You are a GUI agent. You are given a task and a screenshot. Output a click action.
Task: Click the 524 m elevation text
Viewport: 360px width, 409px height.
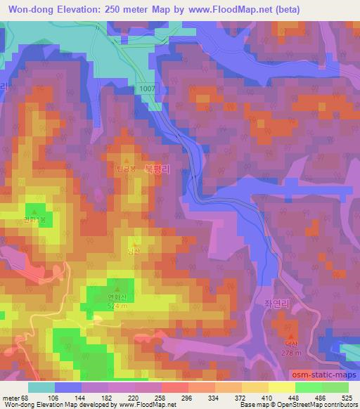tap(117, 306)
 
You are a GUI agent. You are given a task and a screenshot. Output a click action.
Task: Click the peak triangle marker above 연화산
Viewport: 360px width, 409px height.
tap(117, 287)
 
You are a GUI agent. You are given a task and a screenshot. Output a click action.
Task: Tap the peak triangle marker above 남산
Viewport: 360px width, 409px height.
tap(133, 242)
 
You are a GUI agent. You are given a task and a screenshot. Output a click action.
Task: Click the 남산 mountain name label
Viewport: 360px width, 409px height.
tap(133, 251)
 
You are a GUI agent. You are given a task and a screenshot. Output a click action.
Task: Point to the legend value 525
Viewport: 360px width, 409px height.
tap(347, 397)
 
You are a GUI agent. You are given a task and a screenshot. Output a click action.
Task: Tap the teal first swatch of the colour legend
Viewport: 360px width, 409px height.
tap(41, 387)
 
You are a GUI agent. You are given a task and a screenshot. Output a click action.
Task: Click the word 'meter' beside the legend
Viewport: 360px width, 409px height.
tap(9, 397)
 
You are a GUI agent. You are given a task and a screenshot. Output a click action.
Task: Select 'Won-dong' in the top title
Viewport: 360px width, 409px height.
tap(27, 8)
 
